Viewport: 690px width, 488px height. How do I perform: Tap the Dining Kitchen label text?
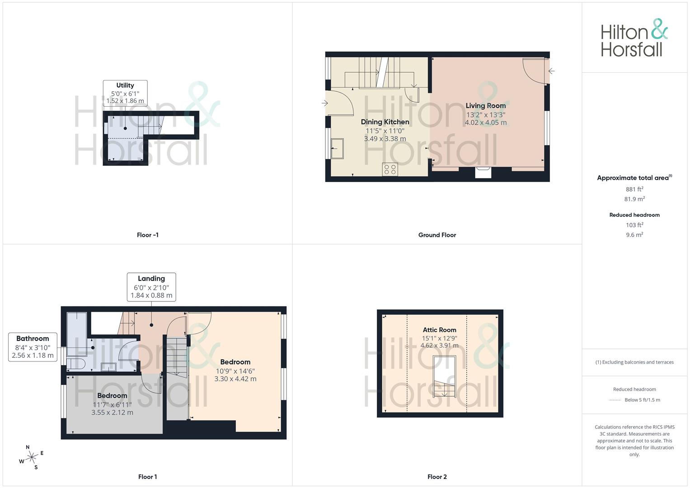click(x=385, y=122)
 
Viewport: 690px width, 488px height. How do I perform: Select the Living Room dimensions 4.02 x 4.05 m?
click(x=486, y=122)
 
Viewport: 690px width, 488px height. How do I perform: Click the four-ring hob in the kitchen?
click(x=390, y=169)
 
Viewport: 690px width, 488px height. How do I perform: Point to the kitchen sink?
click(x=337, y=149)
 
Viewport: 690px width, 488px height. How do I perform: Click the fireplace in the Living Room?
click(x=483, y=173)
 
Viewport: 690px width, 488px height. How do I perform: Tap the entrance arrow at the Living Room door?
click(x=551, y=71)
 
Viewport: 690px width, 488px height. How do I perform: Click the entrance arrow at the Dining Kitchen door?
click(x=324, y=103)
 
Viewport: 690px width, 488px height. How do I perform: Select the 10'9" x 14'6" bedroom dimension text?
click(x=235, y=371)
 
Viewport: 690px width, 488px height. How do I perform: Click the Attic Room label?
click(x=439, y=330)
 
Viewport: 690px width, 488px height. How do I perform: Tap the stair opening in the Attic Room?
click(x=444, y=376)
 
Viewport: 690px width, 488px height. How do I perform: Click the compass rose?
click(x=32, y=457)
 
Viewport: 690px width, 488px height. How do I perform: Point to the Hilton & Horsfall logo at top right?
click(x=634, y=38)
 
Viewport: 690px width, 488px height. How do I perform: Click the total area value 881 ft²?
click(x=634, y=189)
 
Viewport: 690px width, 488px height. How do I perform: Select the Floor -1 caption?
click(x=147, y=235)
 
